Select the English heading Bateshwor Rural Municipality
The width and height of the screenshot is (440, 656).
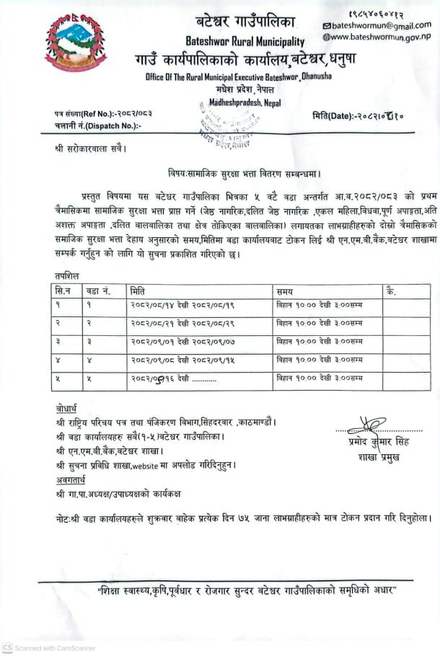(x=245, y=43)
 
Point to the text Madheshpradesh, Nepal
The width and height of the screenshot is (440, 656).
(x=245, y=103)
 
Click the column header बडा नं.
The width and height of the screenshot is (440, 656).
(x=98, y=291)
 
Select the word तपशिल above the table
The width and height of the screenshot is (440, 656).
(x=66, y=275)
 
